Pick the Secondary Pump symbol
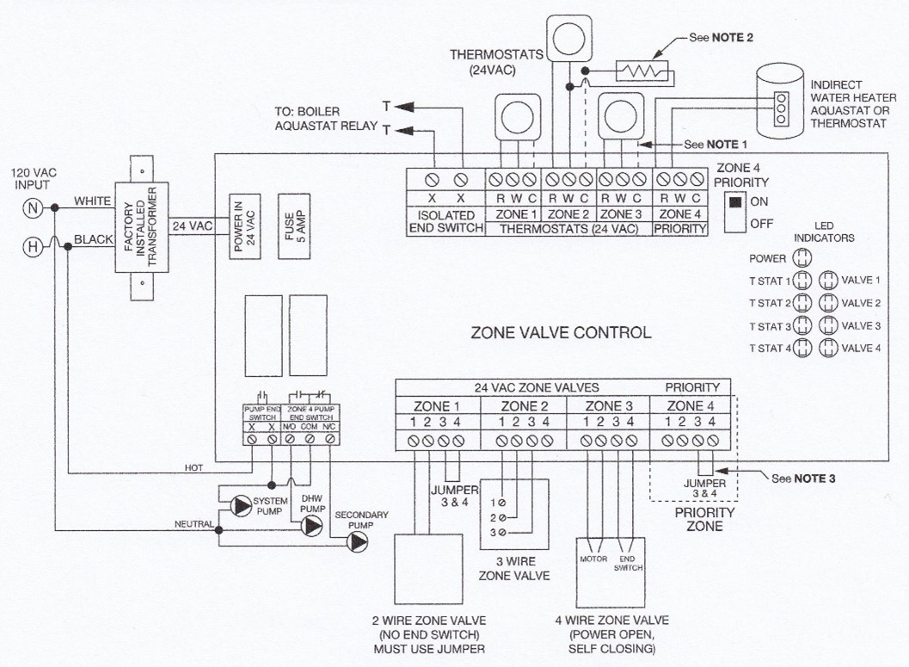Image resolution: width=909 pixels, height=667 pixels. [355, 543]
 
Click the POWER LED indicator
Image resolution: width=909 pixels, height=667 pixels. [802, 257]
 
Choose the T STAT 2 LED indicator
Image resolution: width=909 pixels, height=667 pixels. [802, 303]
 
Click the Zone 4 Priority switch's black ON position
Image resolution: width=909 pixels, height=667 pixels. [734, 203]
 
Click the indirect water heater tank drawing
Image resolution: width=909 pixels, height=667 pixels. [779, 106]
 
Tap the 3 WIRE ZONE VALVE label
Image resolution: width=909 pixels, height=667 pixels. [513, 567]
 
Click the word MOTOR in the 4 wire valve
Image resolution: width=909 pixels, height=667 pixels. [594, 559]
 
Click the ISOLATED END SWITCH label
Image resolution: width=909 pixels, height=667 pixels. [446, 221]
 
